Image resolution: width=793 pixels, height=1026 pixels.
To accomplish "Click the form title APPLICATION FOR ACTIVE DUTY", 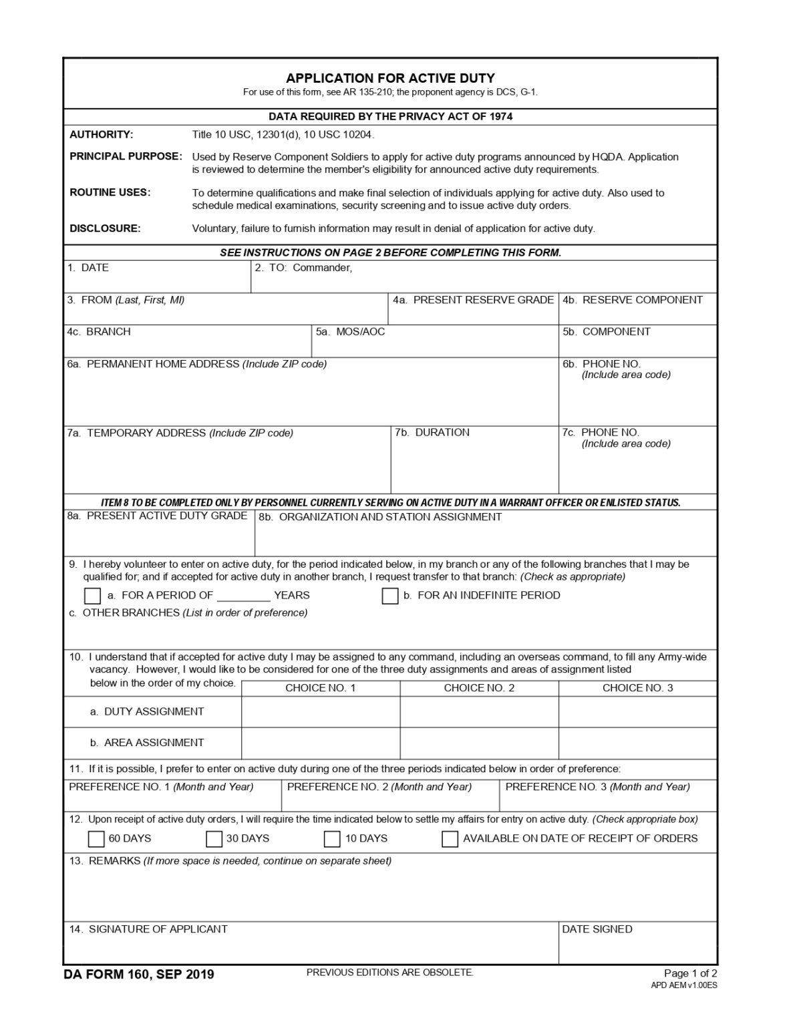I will [390, 77].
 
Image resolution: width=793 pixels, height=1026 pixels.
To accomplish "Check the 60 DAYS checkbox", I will [97, 839].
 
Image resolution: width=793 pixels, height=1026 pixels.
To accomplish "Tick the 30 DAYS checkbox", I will [214, 839].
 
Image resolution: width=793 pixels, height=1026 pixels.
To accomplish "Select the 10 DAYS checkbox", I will [332, 839].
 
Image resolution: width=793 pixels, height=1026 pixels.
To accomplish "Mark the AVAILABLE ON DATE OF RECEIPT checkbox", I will [450, 839].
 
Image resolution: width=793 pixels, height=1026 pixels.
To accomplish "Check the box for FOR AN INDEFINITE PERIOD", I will [390, 596].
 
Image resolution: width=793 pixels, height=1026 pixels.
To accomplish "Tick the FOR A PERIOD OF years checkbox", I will [93, 596].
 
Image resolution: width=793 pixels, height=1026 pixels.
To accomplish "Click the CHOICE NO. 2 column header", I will [479, 688].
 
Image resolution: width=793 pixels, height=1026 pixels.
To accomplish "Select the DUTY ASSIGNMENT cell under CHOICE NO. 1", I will [321, 712].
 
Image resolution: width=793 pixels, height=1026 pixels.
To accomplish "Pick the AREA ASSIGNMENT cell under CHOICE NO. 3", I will [637, 743].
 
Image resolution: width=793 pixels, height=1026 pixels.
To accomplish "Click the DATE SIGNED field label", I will [597, 929].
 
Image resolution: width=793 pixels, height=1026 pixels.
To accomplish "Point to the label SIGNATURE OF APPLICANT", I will [158, 929].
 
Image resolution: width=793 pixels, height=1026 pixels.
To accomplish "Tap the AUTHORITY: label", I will [102, 134].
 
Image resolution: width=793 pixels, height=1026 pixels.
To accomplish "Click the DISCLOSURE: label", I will [105, 228].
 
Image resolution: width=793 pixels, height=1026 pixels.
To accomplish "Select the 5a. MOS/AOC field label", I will [351, 332].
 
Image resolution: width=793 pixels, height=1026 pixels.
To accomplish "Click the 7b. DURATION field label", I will [432, 433].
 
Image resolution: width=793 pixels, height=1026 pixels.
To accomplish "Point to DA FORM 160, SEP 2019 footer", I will [139, 975].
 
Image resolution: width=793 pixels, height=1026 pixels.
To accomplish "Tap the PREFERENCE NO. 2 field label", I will [379, 787].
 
